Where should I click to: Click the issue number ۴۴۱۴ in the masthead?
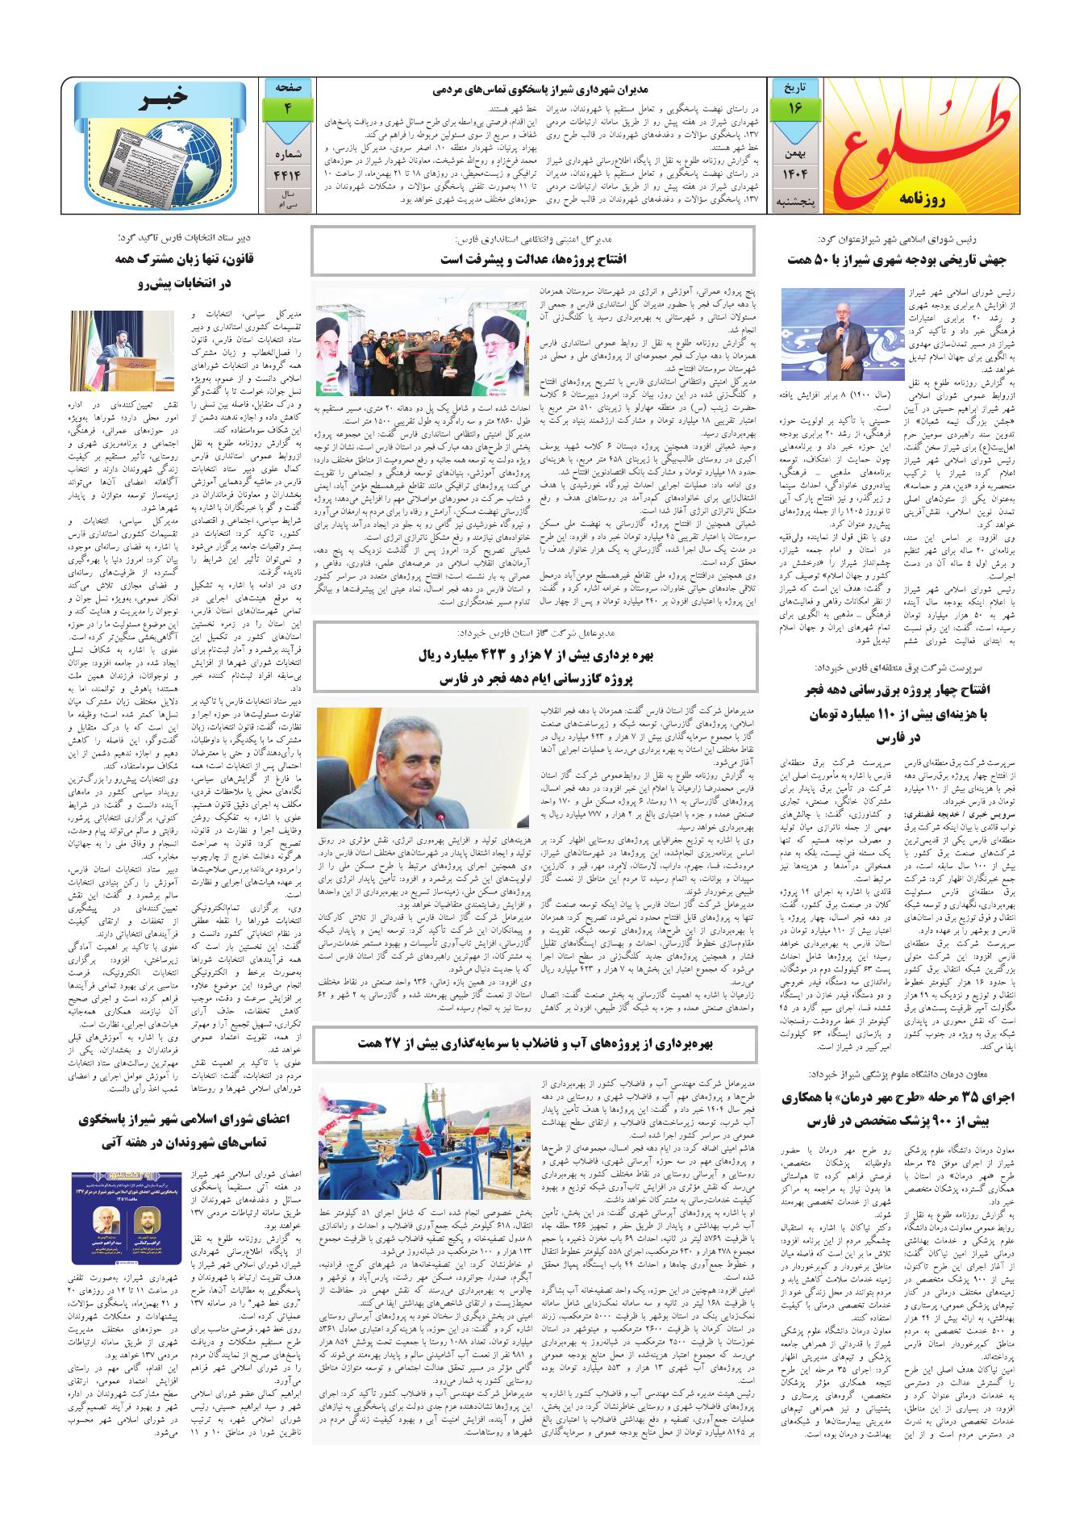pyautogui.click(x=286, y=171)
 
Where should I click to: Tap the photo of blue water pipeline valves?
pyautogui.click(x=420, y=1134)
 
